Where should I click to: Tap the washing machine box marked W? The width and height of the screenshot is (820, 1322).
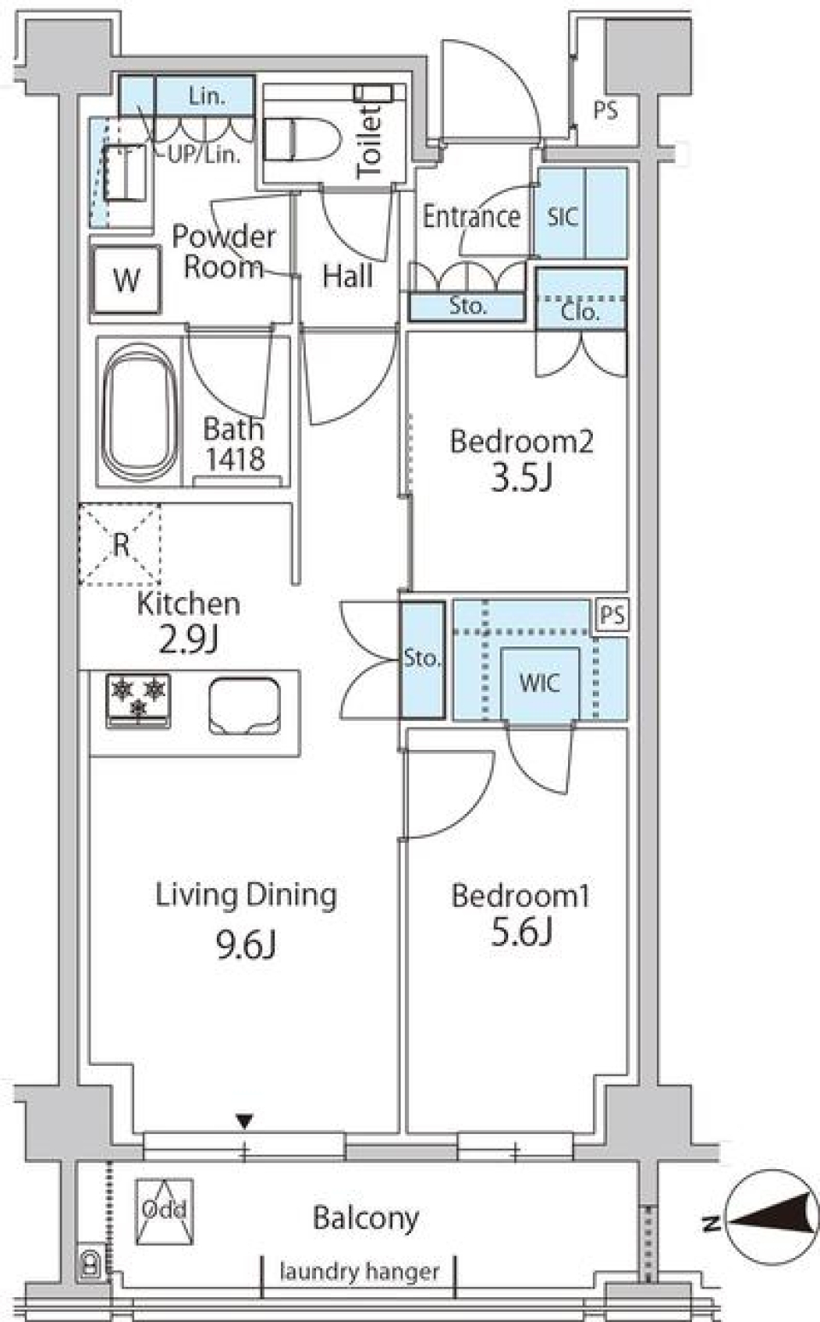coord(126,279)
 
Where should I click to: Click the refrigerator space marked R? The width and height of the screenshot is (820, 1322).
coord(120,545)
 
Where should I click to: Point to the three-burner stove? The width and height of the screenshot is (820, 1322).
coord(138,699)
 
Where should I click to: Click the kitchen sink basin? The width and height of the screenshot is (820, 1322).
coord(244,705)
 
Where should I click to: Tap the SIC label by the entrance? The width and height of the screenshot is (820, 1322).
coord(563,216)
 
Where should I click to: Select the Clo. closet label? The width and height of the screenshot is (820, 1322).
coord(581,312)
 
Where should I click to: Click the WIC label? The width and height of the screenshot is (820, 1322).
coord(540,682)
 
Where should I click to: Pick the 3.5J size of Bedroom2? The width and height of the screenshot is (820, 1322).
coord(521,479)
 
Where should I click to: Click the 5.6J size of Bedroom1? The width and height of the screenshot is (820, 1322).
coord(521,932)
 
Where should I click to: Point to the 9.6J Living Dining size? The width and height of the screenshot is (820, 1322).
coord(246,945)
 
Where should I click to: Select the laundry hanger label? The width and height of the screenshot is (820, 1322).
coord(359,1272)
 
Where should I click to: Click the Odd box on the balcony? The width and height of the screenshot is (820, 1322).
coord(164,1211)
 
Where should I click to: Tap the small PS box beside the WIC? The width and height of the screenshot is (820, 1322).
coord(612,615)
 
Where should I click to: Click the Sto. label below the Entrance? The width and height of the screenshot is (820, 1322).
coord(467,306)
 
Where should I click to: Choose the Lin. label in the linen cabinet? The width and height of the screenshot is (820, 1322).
coord(206,96)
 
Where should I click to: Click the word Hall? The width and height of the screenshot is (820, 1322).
coord(348,276)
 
